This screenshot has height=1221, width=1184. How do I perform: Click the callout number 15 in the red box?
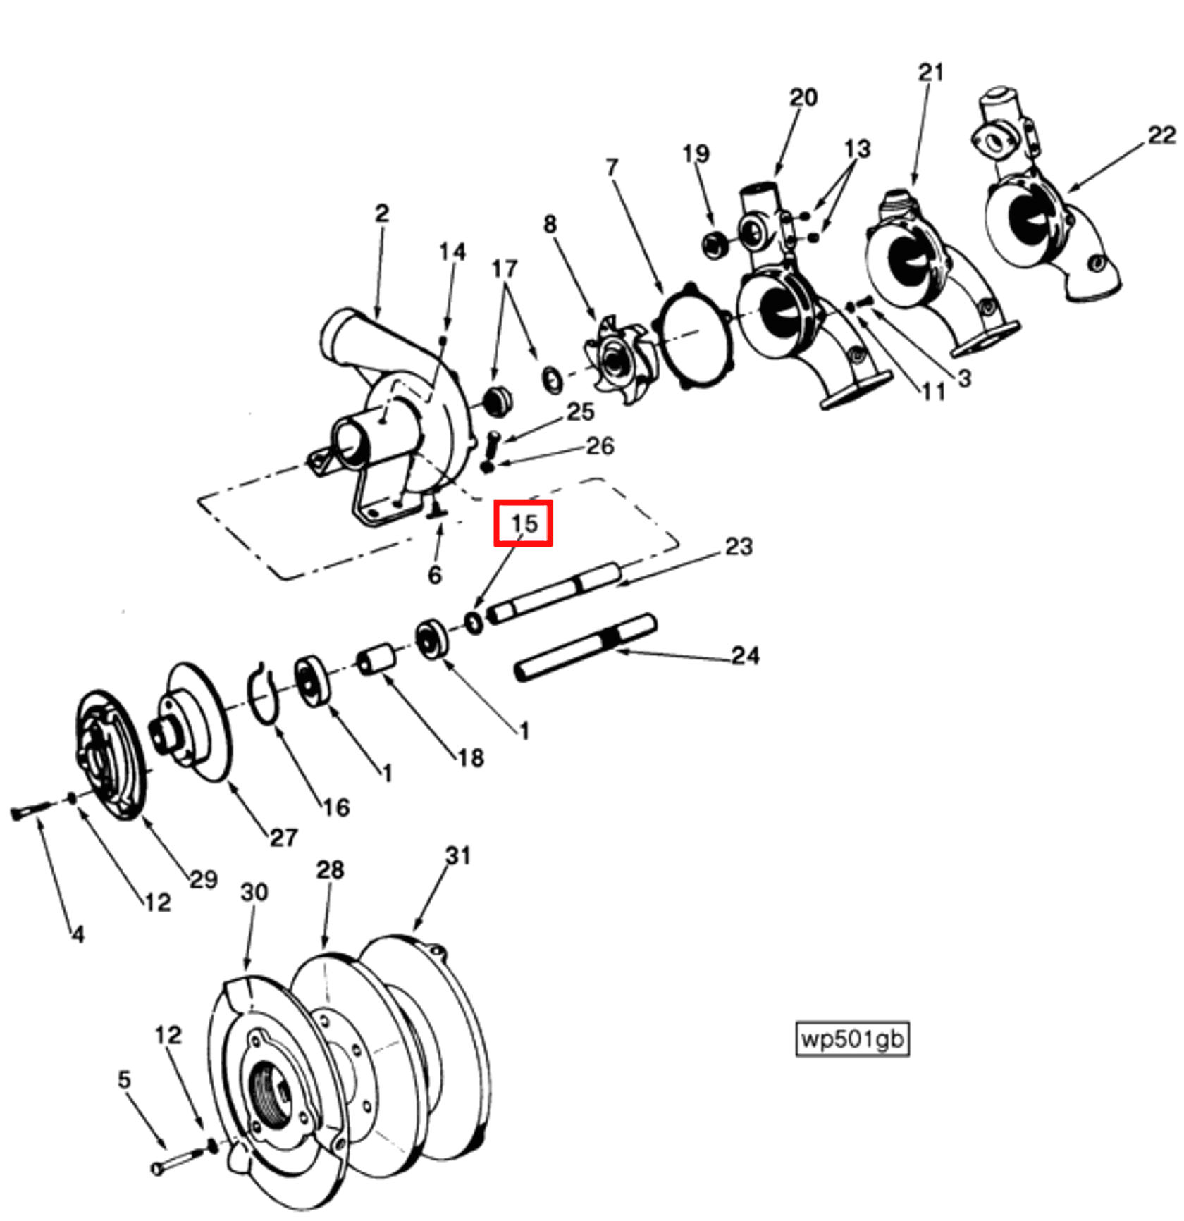pyautogui.click(x=523, y=523)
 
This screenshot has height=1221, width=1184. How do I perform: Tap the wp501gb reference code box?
pyautogui.click(x=852, y=1039)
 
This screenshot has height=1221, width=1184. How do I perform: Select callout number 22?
pyautogui.click(x=1161, y=135)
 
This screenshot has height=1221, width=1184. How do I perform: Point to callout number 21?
pyautogui.click(x=931, y=72)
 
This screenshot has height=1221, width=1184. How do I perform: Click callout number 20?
pyautogui.click(x=803, y=97)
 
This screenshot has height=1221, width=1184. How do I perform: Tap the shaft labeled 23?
pyautogui.click(x=557, y=590)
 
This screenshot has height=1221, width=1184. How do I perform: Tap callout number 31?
pyautogui.click(x=458, y=855)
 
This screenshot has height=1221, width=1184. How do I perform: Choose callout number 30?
pyautogui.click(x=254, y=892)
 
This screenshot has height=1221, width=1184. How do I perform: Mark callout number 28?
pyautogui.click(x=330, y=870)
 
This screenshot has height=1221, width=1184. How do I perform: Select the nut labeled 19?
pyautogui.click(x=715, y=244)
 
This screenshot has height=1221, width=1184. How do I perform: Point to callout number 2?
pyautogui.click(x=381, y=213)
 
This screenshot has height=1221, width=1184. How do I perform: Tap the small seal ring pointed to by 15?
pyautogui.click(x=474, y=622)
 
